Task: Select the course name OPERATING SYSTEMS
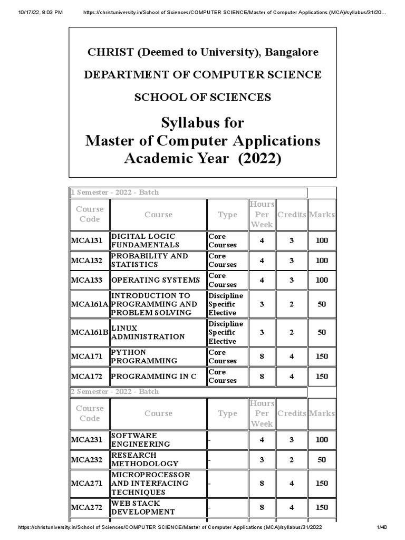point(156,280)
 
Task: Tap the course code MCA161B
point(89,332)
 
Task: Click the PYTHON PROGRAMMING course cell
point(143,356)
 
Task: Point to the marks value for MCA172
point(322,377)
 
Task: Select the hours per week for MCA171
point(262,356)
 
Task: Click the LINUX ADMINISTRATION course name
point(148,332)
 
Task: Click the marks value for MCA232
point(322,459)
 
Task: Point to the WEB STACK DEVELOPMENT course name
point(142,507)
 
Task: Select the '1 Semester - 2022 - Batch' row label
point(114,192)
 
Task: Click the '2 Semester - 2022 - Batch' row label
point(114,392)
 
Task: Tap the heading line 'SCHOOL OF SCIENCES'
point(202,97)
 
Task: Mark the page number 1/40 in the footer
point(382,527)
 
